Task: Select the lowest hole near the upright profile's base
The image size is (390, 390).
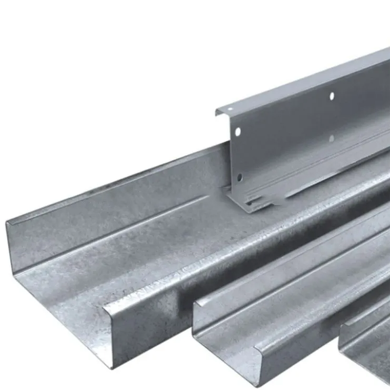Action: tap(239, 177)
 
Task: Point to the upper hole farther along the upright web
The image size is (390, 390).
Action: tap(332, 96)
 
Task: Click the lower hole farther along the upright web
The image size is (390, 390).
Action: tap(331, 138)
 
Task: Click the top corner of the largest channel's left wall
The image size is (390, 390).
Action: tap(7, 223)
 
